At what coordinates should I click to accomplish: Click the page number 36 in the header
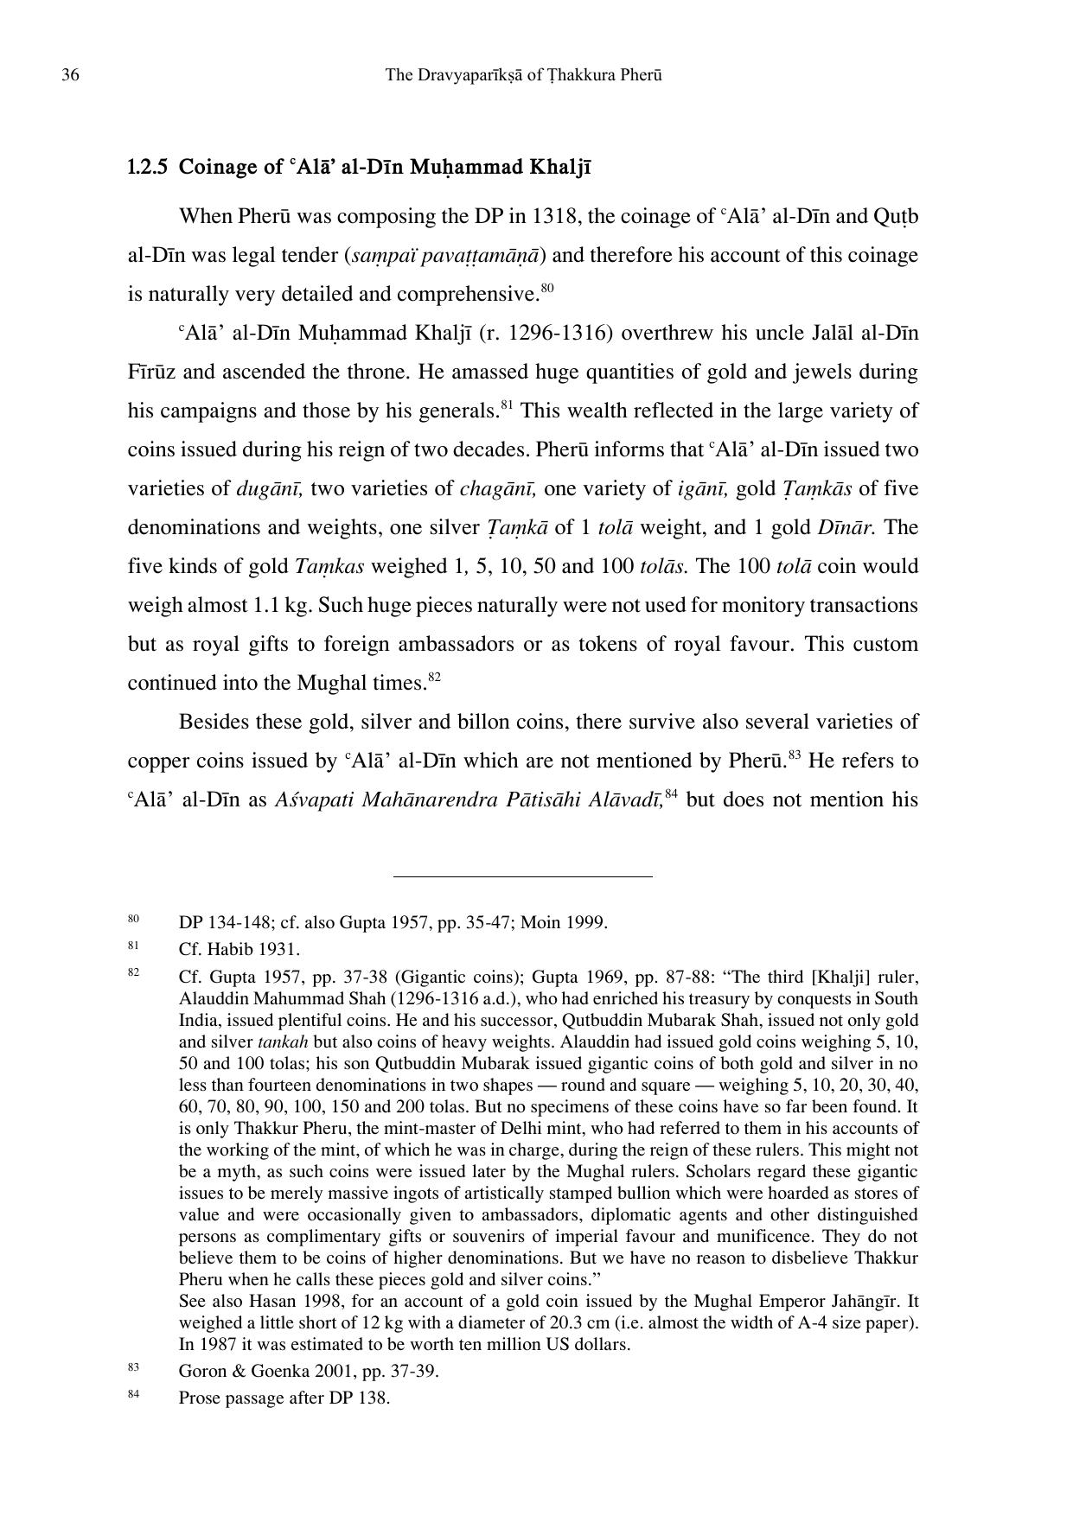pyautogui.click(x=70, y=75)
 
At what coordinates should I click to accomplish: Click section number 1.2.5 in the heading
pyautogui.click(x=148, y=167)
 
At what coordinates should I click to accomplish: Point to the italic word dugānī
pyautogui.click(x=269, y=489)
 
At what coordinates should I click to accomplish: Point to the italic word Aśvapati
pyautogui.click(x=315, y=800)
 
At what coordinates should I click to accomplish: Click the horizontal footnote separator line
pyautogui.click(x=522, y=876)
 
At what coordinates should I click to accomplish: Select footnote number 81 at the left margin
pyautogui.click(x=133, y=946)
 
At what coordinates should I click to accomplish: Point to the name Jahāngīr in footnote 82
pyautogui.click(x=858, y=1302)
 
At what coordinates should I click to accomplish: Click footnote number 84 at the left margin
pyautogui.click(x=133, y=1394)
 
